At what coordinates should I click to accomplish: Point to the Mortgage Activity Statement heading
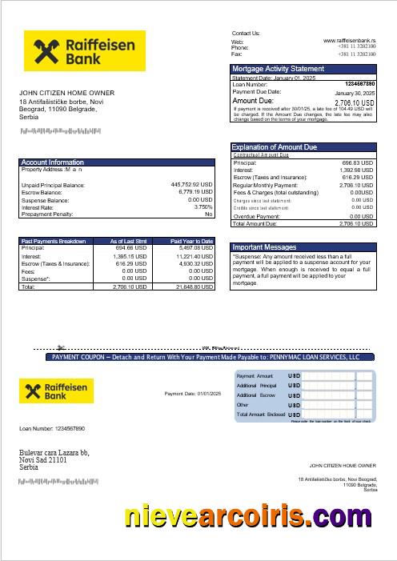(278, 69)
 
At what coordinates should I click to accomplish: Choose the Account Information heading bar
(52, 162)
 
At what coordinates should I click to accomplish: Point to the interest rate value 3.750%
(203, 206)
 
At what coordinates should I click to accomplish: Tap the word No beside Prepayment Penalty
(209, 214)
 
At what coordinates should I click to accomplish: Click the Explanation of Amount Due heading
(274, 147)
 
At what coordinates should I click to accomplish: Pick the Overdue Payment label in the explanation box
(257, 216)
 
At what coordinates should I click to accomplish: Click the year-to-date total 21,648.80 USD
(192, 286)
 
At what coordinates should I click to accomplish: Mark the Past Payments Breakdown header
(53, 241)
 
